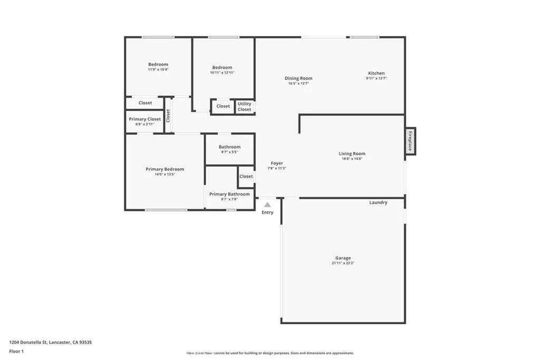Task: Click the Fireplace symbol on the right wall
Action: click(410, 141)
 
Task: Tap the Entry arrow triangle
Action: click(267, 205)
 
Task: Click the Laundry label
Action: click(378, 202)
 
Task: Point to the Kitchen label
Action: click(376, 73)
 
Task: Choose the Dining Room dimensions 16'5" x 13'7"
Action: click(298, 83)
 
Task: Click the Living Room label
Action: click(352, 153)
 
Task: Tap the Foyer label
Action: click(277, 163)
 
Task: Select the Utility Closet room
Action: click(245, 106)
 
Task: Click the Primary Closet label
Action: click(144, 119)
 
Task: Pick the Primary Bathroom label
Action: click(229, 194)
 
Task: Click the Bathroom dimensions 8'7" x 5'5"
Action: click(229, 152)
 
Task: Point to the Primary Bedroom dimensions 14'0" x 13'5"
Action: click(165, 174)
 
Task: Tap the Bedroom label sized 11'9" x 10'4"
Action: click(158, 64)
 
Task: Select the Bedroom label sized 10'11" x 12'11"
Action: click(222, 67)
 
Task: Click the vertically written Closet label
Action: click(168, 115)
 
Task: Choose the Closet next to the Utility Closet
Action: click(223, 106)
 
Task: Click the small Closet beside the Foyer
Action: click(246, 176)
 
